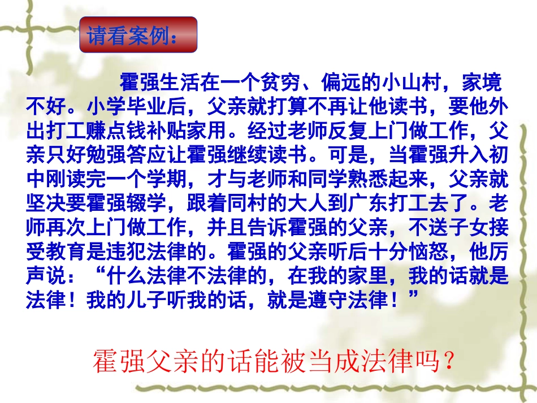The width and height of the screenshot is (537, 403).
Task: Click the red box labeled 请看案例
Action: tap(138, 35)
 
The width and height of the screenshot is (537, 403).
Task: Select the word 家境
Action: tap(481, 84)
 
